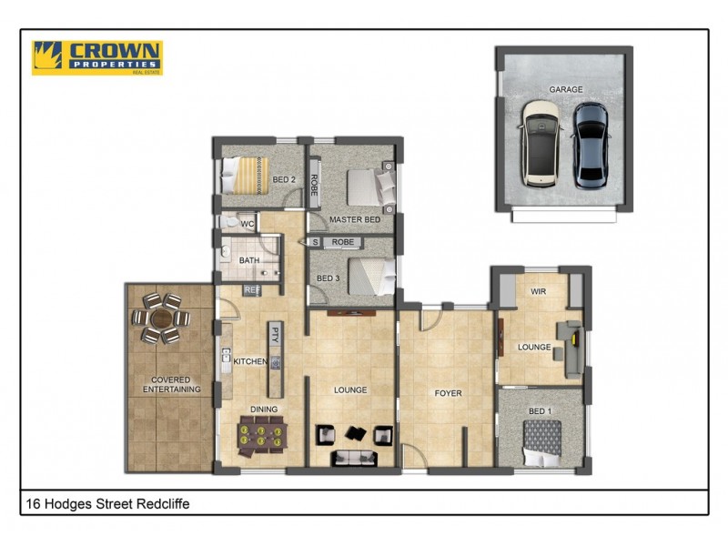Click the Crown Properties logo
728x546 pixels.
[x=96, y=57]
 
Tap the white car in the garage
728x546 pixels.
[x=541, y=144]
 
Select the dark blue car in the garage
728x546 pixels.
[x=590, y=145]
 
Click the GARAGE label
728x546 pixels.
[x=566, y=89]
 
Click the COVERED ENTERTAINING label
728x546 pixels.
[x=171, y=384]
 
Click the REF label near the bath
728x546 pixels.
[x=252, y=290]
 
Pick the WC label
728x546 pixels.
[x=247, y=223]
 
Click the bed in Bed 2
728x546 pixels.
[x=245, y=175]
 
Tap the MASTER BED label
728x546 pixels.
[x=354, y=220]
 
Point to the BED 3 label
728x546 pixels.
[x=329, y=278]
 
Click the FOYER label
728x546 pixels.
[x=448, y=394]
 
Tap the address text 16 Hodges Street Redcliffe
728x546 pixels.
[x=107, y=503]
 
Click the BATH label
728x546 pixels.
[x=249, y=261]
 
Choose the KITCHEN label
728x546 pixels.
[x=250, y=361]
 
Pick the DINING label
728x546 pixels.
[x=264, y=409]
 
